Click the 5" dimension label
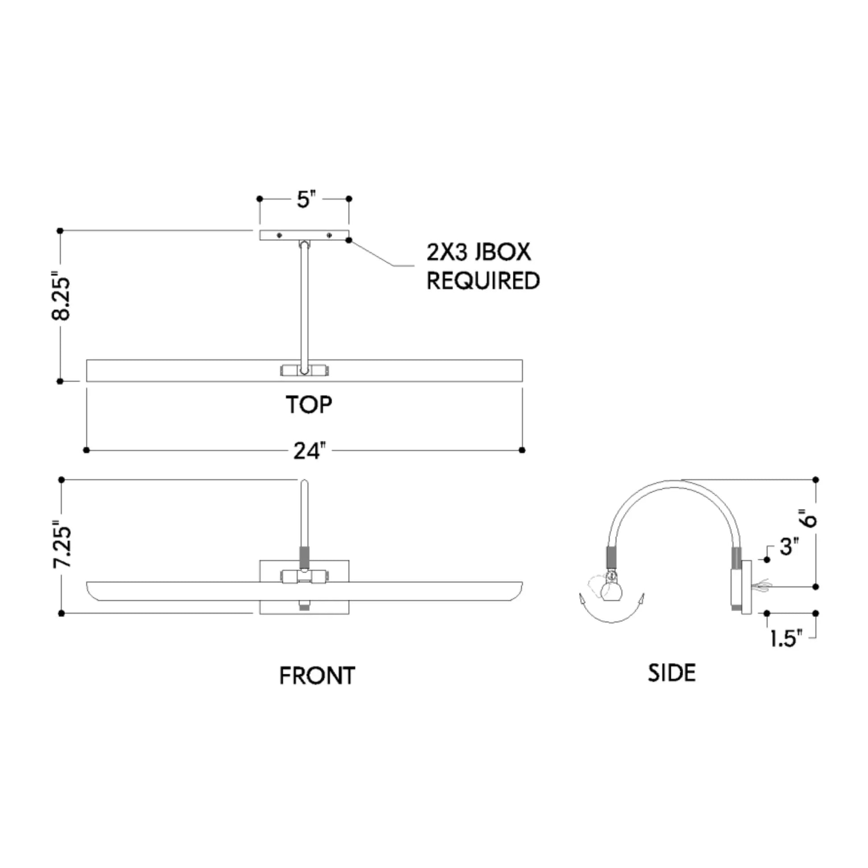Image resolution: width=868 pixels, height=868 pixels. (306, 199)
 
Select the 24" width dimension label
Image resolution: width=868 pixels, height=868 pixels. (309, 451)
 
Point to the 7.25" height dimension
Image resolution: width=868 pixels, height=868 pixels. (62, 544)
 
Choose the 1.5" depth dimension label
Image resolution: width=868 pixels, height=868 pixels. (786, 638)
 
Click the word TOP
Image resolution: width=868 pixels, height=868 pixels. (309, 405)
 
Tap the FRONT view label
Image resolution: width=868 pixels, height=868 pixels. (317, 676)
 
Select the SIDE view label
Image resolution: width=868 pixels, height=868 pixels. (672, 673)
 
